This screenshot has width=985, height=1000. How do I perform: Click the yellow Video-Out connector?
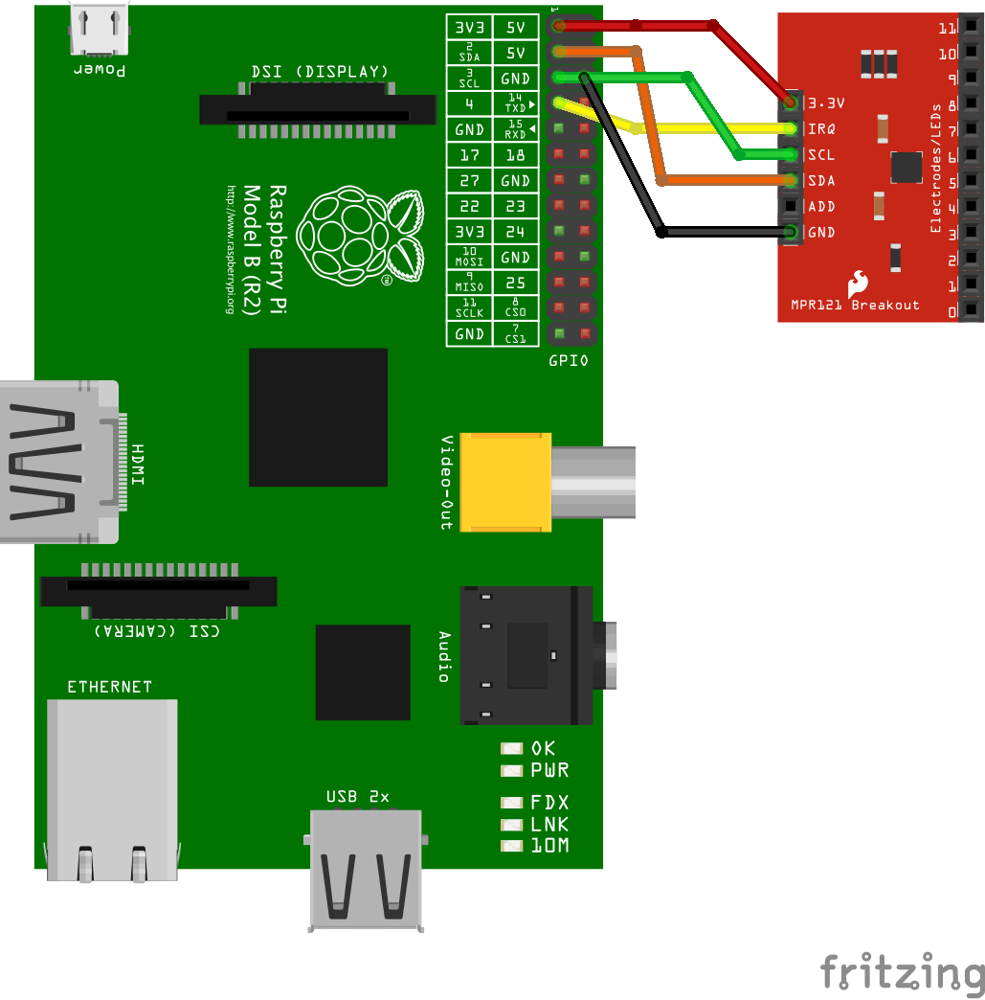pos(505,482)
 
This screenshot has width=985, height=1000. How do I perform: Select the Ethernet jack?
pos(112,788)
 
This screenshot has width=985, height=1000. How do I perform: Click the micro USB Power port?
pos(100,29)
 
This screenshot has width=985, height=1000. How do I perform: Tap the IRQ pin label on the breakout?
pos(822,128)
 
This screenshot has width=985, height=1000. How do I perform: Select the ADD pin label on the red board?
pos(821,206)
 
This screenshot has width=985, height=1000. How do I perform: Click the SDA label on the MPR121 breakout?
pos(821,180)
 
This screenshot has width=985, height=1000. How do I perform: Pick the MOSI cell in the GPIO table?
pos(469,257)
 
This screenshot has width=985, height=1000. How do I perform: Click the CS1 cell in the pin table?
pos(515,334)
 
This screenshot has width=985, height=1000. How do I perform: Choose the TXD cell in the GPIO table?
pos(515,103)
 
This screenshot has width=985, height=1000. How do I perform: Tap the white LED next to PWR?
pos(512,770)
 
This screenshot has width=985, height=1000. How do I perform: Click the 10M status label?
pos(549,846)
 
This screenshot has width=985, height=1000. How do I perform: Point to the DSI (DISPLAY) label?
pos(320,72)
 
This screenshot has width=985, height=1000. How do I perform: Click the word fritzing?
pos(902,972)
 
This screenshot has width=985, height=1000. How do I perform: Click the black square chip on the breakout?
pos(906,167)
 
